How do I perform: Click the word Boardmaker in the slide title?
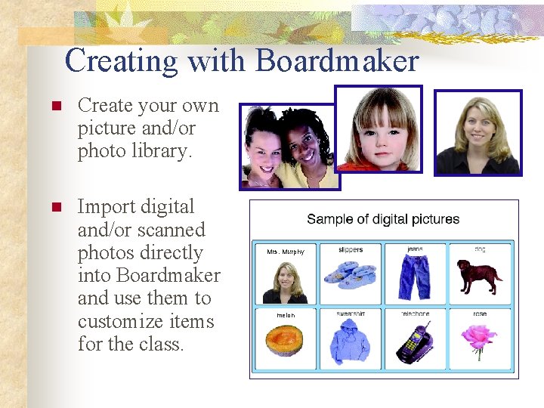(x=337, y=61)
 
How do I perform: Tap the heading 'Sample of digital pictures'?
(x=383, y=219)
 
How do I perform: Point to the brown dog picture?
(x=479, y=277)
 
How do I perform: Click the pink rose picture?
(x=479, y=339)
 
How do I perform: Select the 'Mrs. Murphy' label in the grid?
(x=286, y=252)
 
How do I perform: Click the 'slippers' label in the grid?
(x=351, y=249)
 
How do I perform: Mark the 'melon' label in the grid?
(x=286, y=314)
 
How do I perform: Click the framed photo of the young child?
(x=379, y=128)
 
